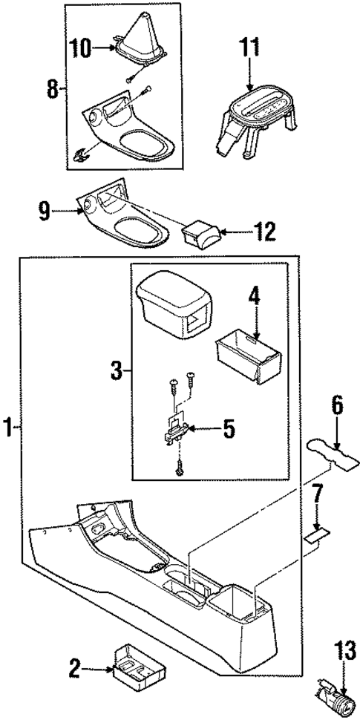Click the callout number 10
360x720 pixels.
[x=82, y=50]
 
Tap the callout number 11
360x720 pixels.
[x=249, y=50]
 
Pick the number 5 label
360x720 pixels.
[x=229, y=428]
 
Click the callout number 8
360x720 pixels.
[x=52, y=90]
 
